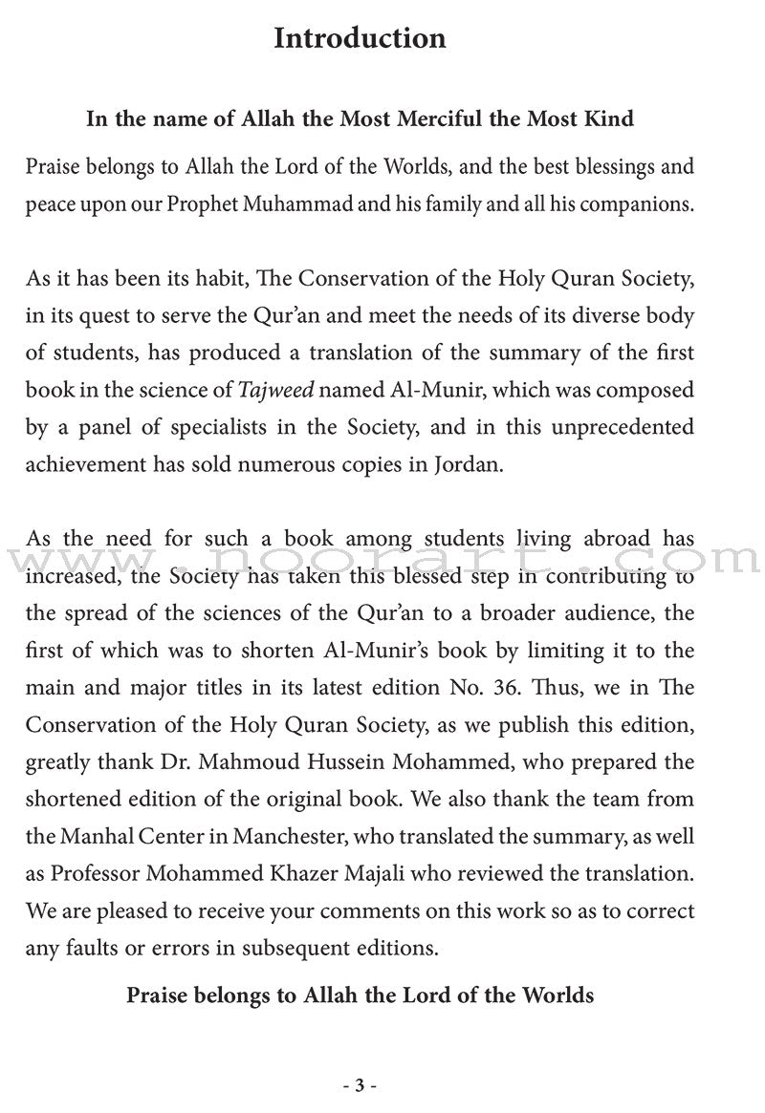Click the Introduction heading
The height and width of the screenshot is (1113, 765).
(360, 38)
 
